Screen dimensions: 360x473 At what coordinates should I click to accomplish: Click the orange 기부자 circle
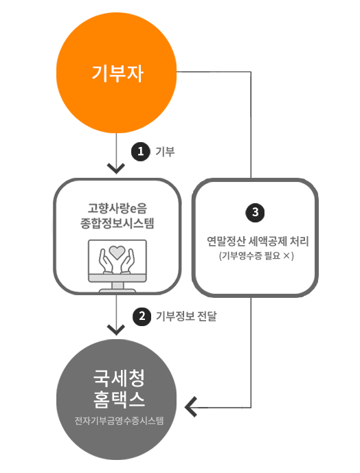tap(116, 73)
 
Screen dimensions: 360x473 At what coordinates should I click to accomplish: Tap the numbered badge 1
tap(140, 152)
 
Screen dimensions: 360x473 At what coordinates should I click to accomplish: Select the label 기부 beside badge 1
tap(165, 152)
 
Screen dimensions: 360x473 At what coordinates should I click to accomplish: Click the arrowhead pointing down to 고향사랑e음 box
tap(116, 168)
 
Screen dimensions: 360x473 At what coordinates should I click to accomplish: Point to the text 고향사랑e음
tap(117, 208)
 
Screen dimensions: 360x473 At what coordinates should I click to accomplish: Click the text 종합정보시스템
tap(117, 223)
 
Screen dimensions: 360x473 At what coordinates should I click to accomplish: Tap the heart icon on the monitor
tap(117, 252)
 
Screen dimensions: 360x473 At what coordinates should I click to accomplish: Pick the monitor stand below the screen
tap(117, 287)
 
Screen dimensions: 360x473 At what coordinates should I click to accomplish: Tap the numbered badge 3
tap(255, 212)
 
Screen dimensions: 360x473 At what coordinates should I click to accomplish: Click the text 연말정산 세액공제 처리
tap(258, 242)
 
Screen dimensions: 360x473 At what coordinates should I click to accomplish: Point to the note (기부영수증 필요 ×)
tap(256, 256)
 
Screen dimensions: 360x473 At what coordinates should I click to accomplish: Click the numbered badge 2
tap(142, 316)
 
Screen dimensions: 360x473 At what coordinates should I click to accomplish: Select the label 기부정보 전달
tap(186, 316)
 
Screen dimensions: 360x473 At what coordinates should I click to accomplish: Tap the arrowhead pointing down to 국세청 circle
tap(116, 330)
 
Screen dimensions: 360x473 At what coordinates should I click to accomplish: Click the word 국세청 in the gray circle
tap(119, 378)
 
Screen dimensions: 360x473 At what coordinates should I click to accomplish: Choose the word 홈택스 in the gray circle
tap(119, 399)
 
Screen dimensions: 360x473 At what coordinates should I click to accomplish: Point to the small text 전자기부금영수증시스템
tap(119, 421)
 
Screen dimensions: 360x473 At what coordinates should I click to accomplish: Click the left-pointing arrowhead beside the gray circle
tap(191, 407)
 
